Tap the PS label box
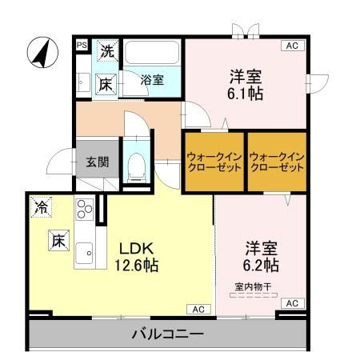click(x=82, y=46)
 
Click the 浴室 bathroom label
click(x=152, y=80)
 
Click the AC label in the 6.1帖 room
click(x=292, y=46)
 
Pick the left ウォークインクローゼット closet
click(x=214, y=162)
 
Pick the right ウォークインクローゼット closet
click(x=277, y=162)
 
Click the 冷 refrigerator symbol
click(x=39, y=208)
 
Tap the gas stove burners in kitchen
click(x=83, y=212)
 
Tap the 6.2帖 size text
click(x=262, y=264)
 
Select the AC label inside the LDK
click(x=198, y=309)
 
